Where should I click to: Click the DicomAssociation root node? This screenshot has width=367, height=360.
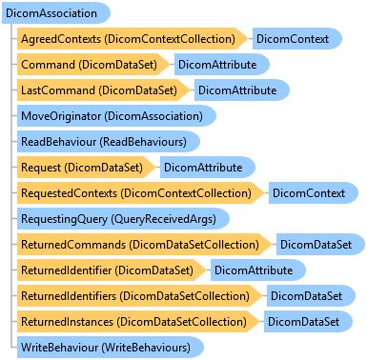[56, 13]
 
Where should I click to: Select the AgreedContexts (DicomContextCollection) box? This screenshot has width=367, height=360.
[133, 39]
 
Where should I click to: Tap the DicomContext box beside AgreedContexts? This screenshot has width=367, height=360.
[297, 39]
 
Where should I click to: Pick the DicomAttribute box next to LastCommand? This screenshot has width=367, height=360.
[242, 90]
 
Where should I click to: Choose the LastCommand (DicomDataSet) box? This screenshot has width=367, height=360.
[103, 90]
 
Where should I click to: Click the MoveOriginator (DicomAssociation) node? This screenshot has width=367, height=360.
[116, 116]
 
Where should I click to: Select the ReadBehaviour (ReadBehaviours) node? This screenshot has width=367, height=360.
[109, 142]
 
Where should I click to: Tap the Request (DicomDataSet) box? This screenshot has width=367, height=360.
[86, 168]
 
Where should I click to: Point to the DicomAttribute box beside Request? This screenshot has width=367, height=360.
[208, 168]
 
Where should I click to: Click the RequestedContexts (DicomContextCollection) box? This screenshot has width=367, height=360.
[140, 193]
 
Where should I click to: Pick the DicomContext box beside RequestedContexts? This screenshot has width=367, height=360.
[314, 193]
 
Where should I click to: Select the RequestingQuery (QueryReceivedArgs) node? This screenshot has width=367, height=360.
[123, 219]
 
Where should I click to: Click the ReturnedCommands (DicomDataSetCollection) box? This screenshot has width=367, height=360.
[144, 245]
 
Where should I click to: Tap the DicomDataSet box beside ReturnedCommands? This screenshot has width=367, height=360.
[320, 245]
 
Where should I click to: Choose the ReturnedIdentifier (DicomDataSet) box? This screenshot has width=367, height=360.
[112, 270]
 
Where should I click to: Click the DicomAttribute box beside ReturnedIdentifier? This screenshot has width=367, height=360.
[258, 270]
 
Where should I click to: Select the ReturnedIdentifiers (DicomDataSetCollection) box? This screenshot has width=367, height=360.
[139, 296]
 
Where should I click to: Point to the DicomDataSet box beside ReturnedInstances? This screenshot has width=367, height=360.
[308, 322]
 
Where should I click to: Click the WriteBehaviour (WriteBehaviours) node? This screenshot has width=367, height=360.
[111, 348]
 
